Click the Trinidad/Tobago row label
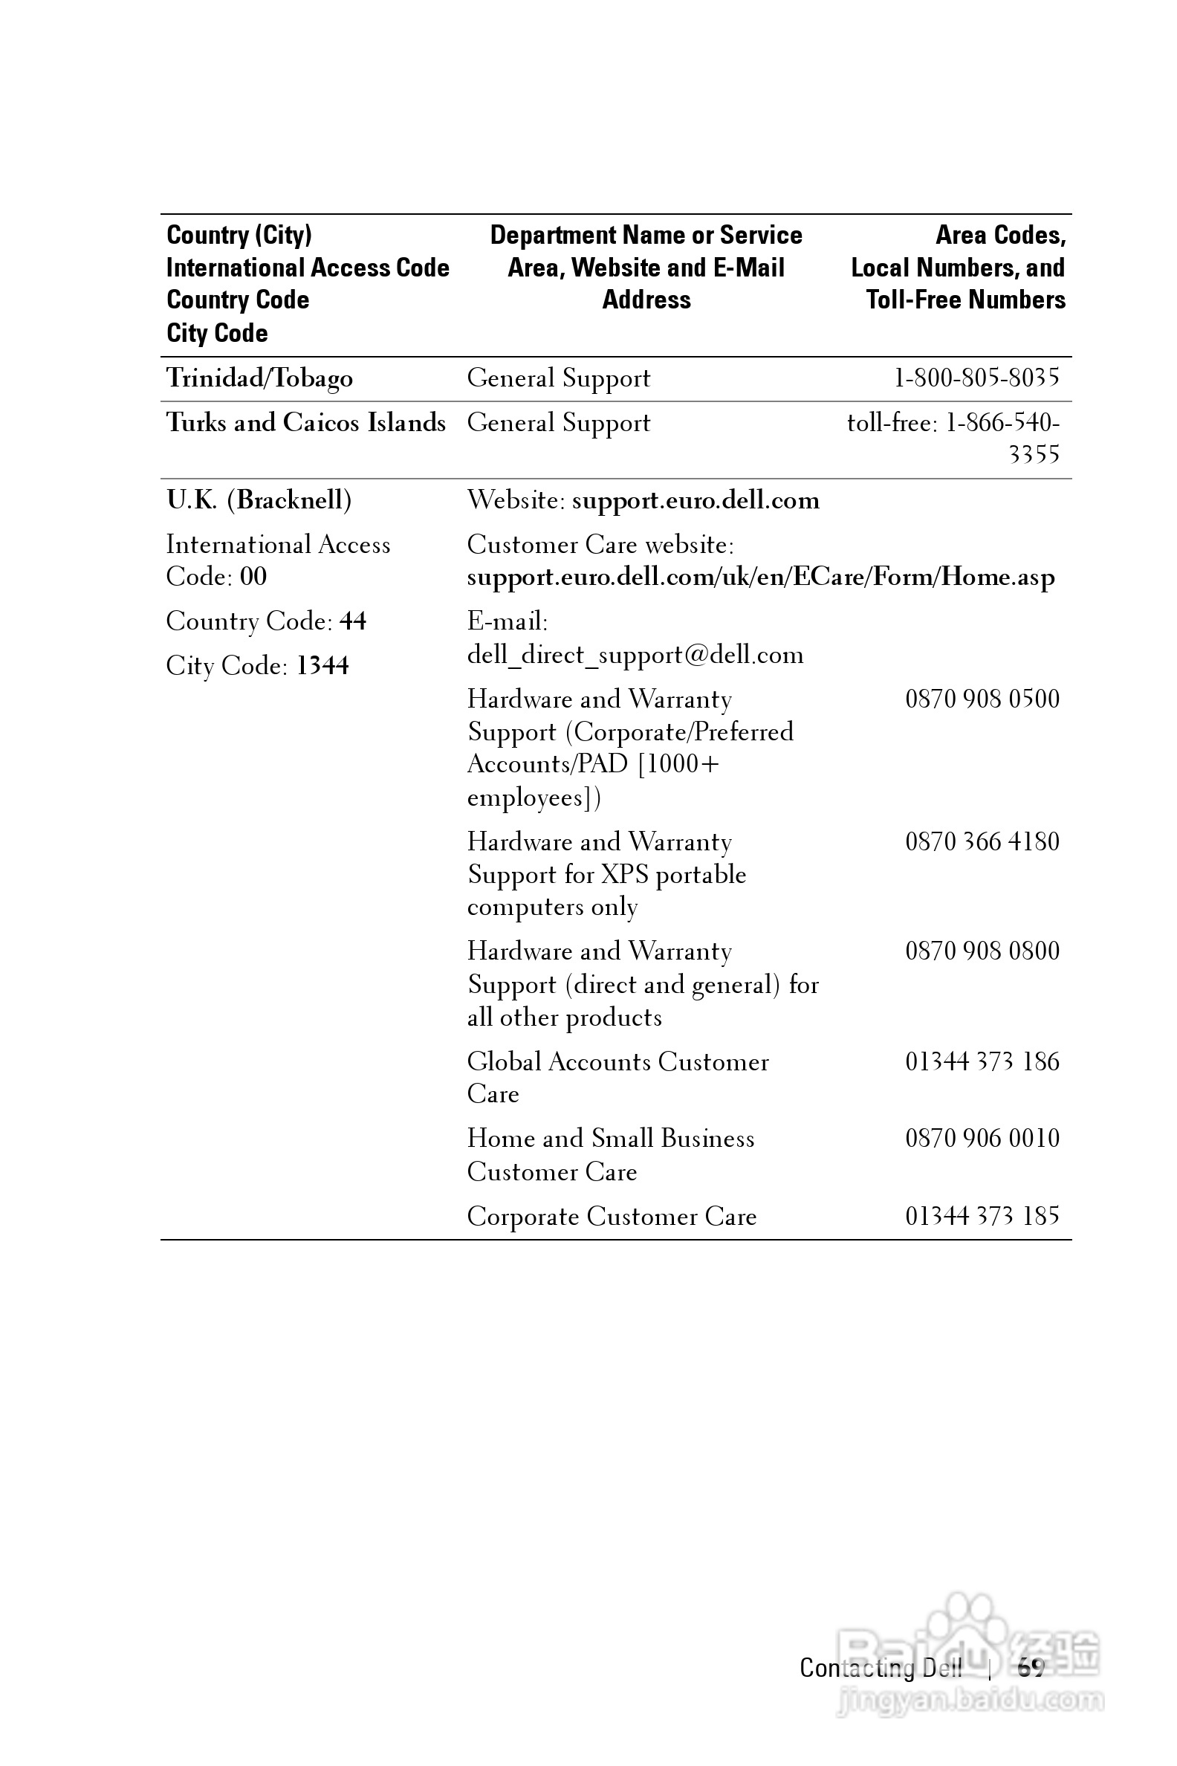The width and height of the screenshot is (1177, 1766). (x=259, y=378)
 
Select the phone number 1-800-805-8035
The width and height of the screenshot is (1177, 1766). (x=976, y=378)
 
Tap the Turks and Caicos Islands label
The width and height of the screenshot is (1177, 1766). (x=305, y=423)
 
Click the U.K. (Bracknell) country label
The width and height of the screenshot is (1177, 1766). (x=259, y=500)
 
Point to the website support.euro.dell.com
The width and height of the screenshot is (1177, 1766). (x=695, y=500)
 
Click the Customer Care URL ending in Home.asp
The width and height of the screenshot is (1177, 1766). (x=760, y=578)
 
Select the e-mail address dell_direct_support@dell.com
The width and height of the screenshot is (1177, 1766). (x=635, y=655)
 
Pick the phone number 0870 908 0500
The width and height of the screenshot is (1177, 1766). (x=982, y=699)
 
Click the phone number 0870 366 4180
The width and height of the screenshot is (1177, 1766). (x=982, y=841)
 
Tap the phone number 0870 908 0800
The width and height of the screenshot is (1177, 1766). (x=982, y=951)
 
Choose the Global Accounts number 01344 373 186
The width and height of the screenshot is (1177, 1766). (x=982, y=1061)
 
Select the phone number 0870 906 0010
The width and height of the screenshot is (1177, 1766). (x=982, y=1138)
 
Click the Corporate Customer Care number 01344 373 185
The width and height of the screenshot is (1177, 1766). (x=982, y=1216)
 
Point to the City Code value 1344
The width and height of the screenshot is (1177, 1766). (x=322, y=666)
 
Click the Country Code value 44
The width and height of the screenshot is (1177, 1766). (x=353, y=621)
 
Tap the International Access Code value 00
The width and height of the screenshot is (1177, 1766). (x=253, y=577)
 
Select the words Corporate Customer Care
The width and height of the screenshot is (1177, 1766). (x=611, y=1217)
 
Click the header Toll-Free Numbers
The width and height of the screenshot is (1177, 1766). (x=965, y=300)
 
